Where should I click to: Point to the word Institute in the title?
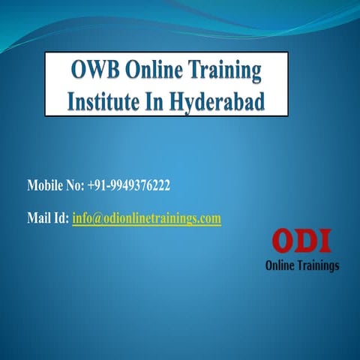tap(103, 100)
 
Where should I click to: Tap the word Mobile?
tap(45, 184)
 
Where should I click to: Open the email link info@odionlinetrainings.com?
tap(146, 218)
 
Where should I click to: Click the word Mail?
tap(38, 218)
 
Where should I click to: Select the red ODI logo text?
tap(301, 242)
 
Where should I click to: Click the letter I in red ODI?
tap(325, 242)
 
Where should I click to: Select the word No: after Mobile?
tap(77, 184)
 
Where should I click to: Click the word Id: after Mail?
tap(61, 218)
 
